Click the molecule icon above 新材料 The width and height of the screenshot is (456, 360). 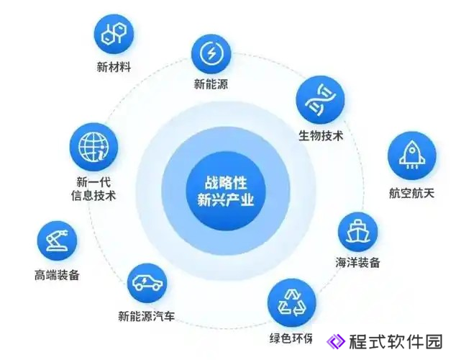point(114,34)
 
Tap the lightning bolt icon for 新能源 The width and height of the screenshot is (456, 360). point(211,54)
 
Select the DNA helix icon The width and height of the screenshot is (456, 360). point(320,99)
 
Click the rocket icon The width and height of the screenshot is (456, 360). point(411,155)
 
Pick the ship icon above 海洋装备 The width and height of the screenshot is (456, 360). point(357,232)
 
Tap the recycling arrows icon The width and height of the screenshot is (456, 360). point(291,303)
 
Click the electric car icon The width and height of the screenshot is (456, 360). point(147,282)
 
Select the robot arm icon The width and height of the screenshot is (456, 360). point(57,240)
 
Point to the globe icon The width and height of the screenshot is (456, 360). point(94,147)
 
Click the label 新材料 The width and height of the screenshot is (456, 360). point(114,67)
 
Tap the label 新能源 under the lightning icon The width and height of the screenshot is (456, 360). point(211,84)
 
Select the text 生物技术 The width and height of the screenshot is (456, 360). point(321,135)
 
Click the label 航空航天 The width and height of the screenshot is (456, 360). point(411,193)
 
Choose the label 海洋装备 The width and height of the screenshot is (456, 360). point(357,262)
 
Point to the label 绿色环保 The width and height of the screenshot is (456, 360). point(291,338)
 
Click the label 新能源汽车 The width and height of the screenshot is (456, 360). point(146,316)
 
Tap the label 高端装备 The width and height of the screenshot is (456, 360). point(57,275)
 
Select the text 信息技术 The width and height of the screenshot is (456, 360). point(94,195)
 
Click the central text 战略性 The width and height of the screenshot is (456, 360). point(226,182)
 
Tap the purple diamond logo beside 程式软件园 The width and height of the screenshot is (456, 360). point(336,341)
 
